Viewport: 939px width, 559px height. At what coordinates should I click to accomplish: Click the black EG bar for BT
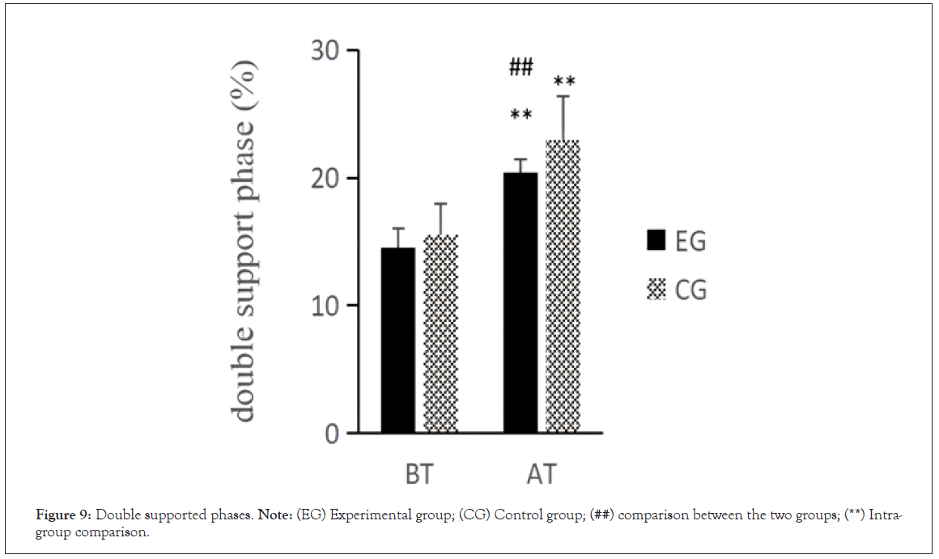(x=398, y=340)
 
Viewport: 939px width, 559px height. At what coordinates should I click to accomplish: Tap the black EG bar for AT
(x=520, y=303)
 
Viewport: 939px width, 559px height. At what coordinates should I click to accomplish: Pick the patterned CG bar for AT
(x=563, y=286)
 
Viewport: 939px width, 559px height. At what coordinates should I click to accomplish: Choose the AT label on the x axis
(x=542, y=473)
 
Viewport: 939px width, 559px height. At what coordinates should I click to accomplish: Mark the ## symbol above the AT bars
(x=520, y=68)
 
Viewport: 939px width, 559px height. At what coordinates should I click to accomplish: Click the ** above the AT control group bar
(x=564, y=82)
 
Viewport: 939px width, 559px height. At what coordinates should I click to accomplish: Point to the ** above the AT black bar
(x=520, y=115)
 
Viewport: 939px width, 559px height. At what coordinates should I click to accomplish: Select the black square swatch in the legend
(x=656, y=240)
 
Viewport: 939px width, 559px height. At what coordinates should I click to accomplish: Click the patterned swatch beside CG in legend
(x=656, y=289)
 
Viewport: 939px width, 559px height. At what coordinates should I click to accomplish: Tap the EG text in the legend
(x=690, y=241)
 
